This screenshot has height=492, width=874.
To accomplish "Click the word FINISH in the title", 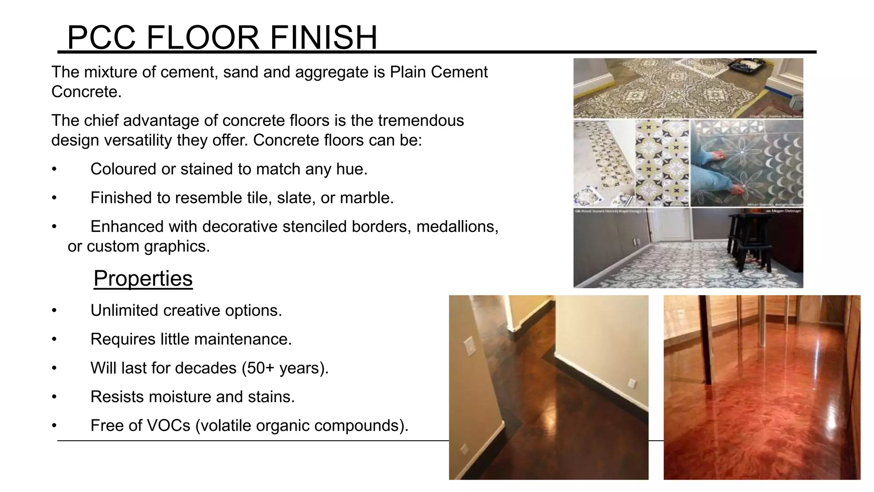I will (x=323, y=38).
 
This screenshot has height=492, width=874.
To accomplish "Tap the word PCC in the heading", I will (x=102, y=38).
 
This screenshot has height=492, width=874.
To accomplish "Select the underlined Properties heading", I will (x=143, y=278).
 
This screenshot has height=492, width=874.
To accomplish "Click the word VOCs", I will (x=168, y=425).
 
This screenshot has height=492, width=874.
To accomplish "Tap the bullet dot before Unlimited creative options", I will (x=54, y=310).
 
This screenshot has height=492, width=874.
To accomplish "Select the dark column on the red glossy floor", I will (x=707, y=342).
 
